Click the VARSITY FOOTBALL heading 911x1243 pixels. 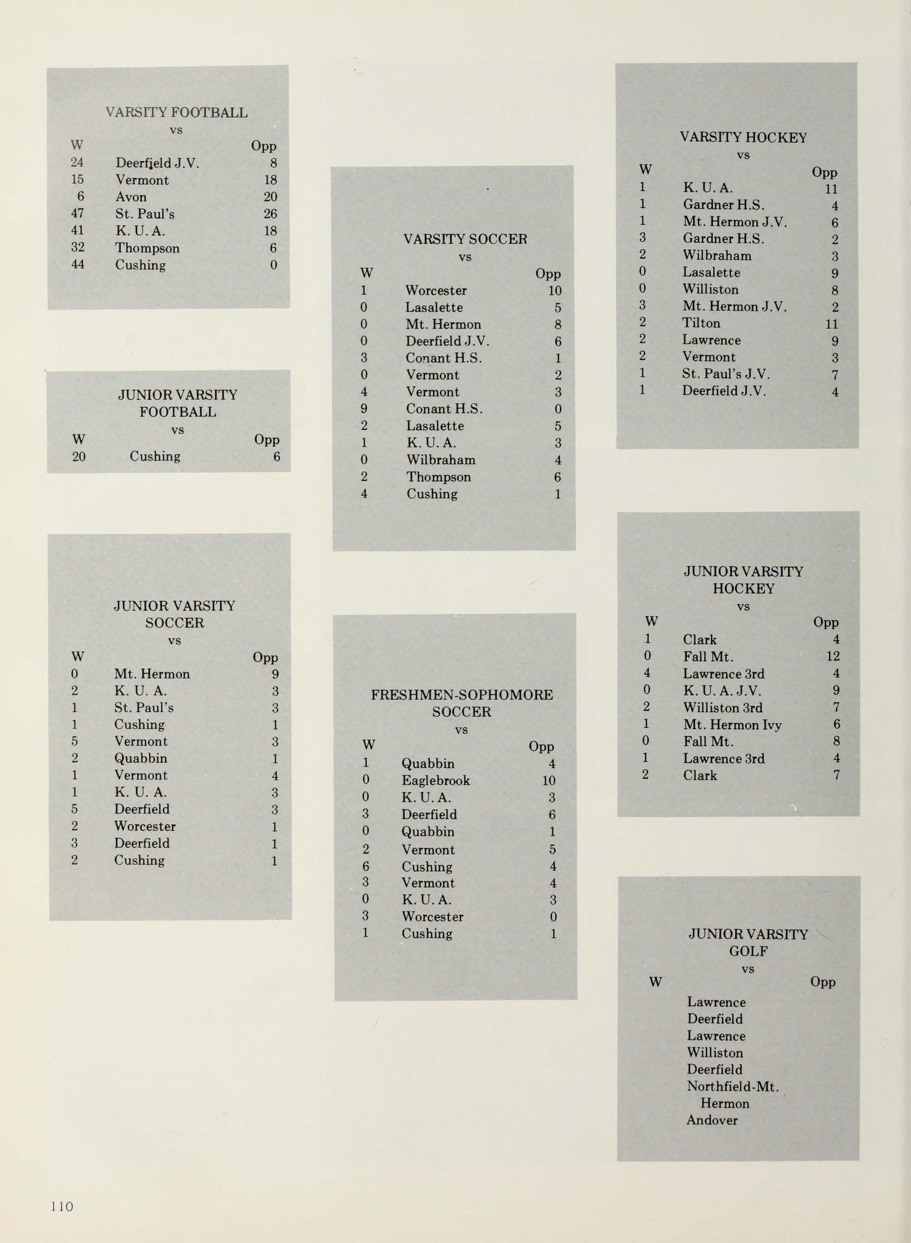(x=176, y=113)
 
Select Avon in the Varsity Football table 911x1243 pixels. (x=131, y=197)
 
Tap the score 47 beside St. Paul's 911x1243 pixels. (x=77, y=213)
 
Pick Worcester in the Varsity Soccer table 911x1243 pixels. (x=436, y=290)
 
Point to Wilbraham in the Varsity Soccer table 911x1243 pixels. (x=440, y=460)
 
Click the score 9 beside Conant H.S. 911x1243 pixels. (x=364, y=409)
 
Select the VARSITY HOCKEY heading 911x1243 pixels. (x=743, y=137)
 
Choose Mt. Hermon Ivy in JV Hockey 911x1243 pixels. (x=732, y=724)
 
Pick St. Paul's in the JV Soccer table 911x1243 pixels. (x=143, y=707)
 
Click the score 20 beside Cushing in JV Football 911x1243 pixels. (x=79, y=456)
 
